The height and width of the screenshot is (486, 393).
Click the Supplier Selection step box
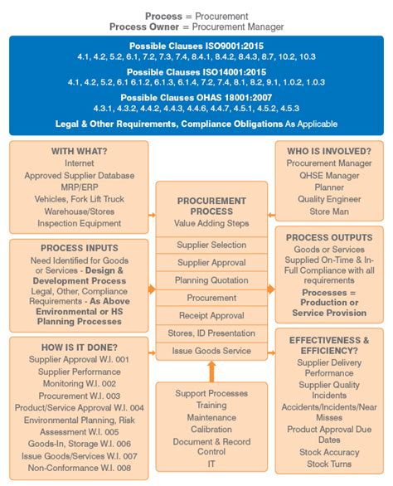(211, 245)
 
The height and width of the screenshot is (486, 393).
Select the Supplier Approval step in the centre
(211, 262)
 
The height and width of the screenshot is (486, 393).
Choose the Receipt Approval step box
(211, 315)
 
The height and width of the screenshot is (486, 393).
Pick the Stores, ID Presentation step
(211, 333)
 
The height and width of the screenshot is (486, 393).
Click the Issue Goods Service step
(211, 351)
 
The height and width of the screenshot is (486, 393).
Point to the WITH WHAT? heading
(79, 152)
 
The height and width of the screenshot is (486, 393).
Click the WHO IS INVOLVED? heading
(328, 151)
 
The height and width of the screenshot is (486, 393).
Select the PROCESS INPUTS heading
(79, 247)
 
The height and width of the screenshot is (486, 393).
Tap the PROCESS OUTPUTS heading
(329, 237)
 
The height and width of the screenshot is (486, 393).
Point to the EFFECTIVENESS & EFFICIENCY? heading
(328, 345)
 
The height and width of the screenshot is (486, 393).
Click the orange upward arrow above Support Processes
(212, 369)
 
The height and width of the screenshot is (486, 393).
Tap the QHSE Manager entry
(328, 176)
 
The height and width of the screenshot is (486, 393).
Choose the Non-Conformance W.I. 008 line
(79, 467)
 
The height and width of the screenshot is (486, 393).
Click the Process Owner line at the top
(196, 27)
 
